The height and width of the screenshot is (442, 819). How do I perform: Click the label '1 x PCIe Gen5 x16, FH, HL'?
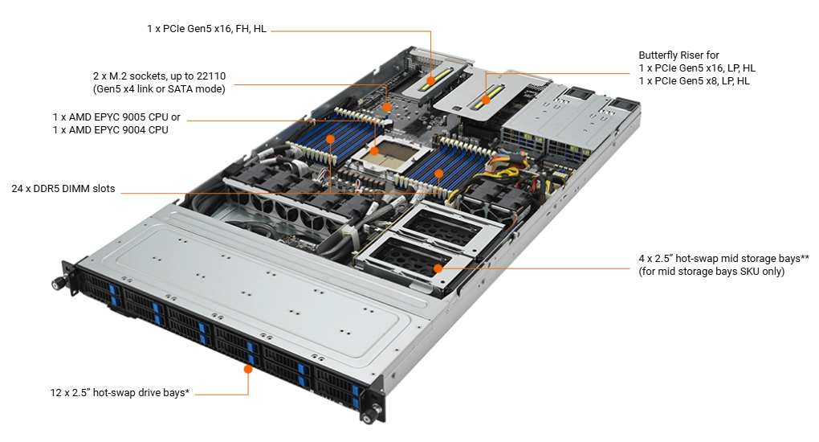click(207, 29)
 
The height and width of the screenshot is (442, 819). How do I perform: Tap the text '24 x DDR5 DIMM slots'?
click(63, 189)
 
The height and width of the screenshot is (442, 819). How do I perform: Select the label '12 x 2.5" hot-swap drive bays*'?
click(120, 392)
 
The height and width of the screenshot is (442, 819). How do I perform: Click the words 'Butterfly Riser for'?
click(678, 55)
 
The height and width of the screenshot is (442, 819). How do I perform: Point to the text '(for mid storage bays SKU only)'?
click(711, 272)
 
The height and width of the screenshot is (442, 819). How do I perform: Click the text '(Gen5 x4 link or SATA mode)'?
click(159, 89)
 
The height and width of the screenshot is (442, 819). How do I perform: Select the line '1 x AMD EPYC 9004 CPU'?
click(110, 129)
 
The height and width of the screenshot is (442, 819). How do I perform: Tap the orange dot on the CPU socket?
click(374, 151)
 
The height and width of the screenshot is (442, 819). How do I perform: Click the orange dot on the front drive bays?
click(248, 370)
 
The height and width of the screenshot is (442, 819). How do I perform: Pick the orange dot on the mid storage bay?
click(438, 268)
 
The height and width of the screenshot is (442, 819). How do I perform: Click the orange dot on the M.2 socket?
click(387, 107)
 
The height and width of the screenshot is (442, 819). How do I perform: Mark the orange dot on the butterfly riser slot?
click(485, 100)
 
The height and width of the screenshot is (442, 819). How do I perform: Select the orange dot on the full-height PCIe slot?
click(430, 81)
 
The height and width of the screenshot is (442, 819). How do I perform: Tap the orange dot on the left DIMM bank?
click(331, 139)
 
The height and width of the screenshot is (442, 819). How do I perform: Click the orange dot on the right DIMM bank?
click(438, 173)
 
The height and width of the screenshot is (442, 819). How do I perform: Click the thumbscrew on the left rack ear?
click(56, 284)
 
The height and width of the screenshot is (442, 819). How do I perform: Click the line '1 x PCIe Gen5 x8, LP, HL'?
click(695, 81)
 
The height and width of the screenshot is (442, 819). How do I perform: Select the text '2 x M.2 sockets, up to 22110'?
click(159, 76)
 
